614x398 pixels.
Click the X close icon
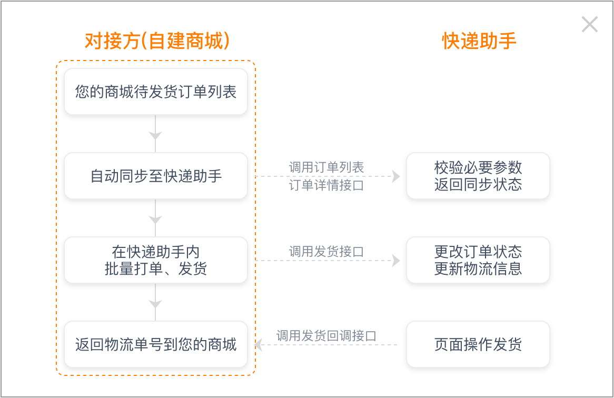589,24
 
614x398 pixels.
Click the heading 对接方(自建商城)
157,41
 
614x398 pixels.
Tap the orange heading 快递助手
479,41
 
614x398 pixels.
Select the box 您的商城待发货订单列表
156,92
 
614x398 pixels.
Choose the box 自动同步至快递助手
156,176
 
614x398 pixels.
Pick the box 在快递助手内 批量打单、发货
156,260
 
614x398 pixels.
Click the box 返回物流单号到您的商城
156,344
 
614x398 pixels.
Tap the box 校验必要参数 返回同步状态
478,176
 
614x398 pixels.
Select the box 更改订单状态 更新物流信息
478,260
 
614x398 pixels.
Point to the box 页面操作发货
478,344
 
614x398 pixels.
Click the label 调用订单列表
326,167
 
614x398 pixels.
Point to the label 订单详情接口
326,185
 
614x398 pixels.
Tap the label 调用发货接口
326,252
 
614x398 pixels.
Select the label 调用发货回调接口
326,336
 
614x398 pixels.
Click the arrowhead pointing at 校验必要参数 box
397,176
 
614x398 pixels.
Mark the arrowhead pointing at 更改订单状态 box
397,261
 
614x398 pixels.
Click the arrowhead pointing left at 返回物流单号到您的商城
259,345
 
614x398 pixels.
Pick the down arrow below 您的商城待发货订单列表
155,133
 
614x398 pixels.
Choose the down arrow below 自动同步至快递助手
155,217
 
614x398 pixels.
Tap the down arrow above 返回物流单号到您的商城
155,302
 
